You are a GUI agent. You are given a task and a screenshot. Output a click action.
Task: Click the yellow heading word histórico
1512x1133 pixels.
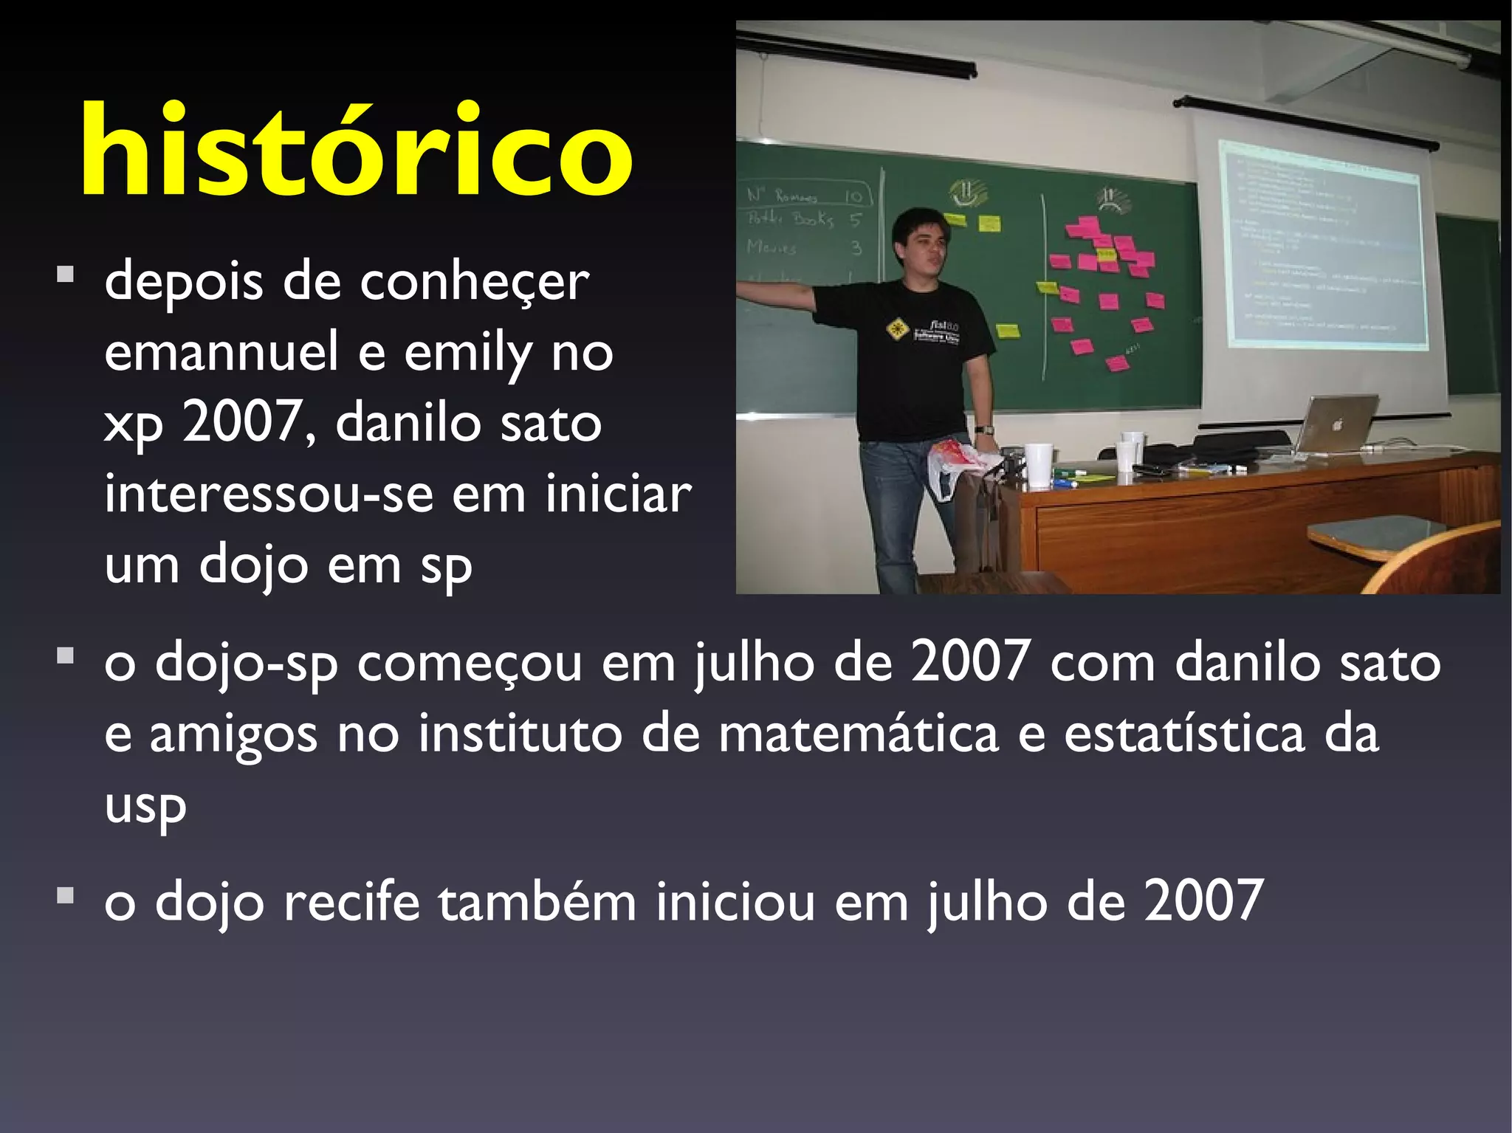pos(356,151)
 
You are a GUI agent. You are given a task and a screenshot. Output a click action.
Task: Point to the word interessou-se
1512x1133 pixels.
pos(268,494)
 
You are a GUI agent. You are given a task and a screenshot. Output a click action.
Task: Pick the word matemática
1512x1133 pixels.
pos(858,734)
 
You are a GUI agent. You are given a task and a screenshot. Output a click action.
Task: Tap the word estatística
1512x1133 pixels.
pos(1183,734)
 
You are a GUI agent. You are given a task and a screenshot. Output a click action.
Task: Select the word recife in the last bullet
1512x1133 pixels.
pos(351,901)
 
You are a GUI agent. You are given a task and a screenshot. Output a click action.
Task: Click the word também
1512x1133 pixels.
pos(537,901)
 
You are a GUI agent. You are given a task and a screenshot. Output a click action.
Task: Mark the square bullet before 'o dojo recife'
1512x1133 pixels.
pos(66,895)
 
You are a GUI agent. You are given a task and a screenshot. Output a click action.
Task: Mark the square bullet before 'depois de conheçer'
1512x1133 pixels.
pos(66,275)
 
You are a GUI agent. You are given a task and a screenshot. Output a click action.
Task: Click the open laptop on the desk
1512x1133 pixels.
pos(1337,424)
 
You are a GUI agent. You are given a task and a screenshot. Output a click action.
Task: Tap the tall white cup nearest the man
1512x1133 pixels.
pos(1037,465)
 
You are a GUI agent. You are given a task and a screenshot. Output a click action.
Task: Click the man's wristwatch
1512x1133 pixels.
pos(983,430)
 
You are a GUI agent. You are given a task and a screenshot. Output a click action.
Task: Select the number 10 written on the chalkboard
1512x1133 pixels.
pos(853,196)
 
